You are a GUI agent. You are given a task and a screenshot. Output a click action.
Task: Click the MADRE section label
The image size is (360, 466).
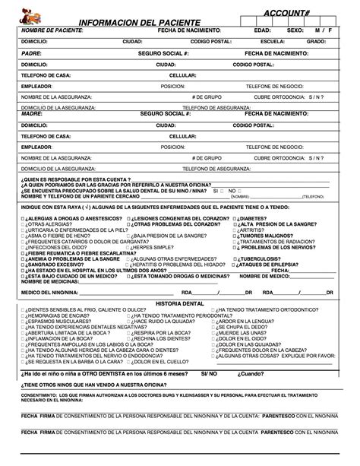coord(30,113)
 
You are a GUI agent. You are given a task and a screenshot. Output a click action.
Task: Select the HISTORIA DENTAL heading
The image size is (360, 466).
coord(178,303)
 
